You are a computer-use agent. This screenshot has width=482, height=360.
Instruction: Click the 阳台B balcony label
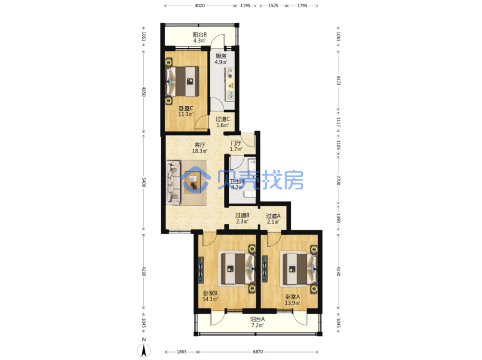click(199, 35)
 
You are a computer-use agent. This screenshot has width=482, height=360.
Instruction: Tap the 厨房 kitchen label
click(221, 56)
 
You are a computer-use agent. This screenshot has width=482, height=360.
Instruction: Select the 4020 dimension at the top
click(199, 6)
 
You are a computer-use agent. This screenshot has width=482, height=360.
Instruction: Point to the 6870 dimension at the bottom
click(258, 352)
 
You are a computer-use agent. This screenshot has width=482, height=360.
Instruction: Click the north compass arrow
click(143, 350)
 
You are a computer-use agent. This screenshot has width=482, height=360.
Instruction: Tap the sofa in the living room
click(173, 182)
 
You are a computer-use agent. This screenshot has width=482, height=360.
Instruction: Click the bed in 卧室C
click(182, 82)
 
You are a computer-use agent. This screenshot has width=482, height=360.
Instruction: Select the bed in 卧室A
click(300, 269)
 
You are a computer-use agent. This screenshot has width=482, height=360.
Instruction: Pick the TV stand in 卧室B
click(201, 270)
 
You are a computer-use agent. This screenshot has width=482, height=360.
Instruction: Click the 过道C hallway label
click(222, 119)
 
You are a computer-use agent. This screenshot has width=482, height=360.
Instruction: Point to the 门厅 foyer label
click(236, 143)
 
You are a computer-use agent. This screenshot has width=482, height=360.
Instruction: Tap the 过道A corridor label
click(273, 216)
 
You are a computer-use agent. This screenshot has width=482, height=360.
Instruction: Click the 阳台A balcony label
click(257, 319)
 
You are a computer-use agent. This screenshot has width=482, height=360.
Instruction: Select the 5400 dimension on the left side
click(143, 182)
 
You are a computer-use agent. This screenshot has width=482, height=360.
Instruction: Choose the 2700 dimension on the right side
click(338, 180)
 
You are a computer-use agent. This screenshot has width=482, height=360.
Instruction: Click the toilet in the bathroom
click(250, 194)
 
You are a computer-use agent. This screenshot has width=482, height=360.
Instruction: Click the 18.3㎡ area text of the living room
click(200, 151)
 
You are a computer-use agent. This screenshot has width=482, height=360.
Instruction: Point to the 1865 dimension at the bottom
click(182, 352)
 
